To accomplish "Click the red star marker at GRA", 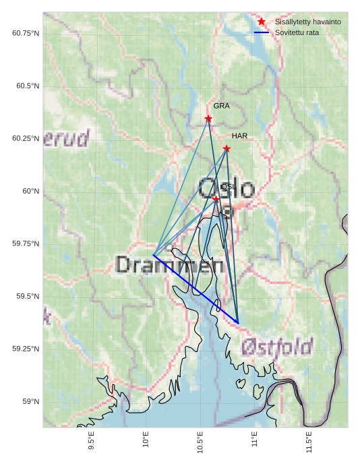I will coord(208,119).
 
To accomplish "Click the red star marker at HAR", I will coord(227,148).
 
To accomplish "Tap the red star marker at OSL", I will coord(216,199).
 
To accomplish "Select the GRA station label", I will coord(221,106).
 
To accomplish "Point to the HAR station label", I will coord(239,136).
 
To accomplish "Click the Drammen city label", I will coord(169,264).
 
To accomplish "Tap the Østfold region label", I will coord(276,348).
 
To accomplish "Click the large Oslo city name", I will coord(227,189).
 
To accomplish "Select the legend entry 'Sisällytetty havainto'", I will coord(307,22).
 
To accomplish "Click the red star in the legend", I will coord(262,22).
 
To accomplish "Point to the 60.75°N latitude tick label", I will coord(26,33).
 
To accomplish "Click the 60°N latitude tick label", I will coord(31,191).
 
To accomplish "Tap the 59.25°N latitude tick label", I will coord(26,349).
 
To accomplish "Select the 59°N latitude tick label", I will coord(31,401).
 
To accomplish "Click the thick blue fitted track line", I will coord(196,289).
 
